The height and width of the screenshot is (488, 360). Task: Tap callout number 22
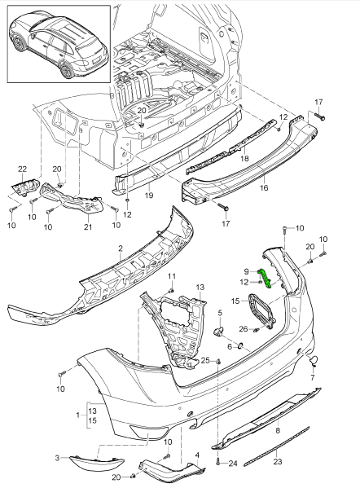(x=22, y=168)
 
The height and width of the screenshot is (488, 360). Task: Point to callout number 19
(x=149, y=196)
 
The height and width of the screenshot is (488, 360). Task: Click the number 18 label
(x=244, y=159)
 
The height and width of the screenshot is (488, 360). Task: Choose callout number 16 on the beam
(x=263, y=187)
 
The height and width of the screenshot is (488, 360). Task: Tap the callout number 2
(x=120, y=248)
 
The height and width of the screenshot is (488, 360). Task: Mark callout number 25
(x=206, y=360)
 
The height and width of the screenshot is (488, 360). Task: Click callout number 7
(x=313, y=378)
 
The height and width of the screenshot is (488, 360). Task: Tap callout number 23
(x=278, y=461)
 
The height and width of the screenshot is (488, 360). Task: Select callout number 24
(x=232, y=464)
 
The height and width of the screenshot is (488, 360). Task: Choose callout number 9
(x=245, y=271)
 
